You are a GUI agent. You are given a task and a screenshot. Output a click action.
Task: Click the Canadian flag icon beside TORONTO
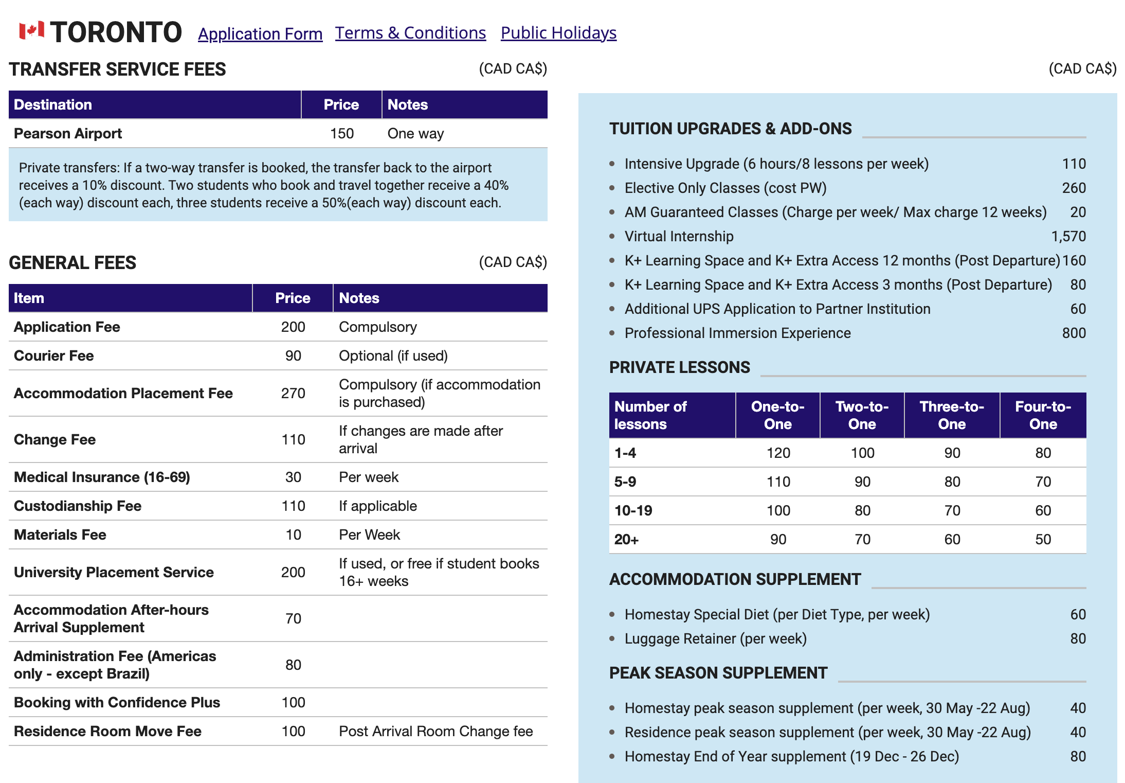point(31,31)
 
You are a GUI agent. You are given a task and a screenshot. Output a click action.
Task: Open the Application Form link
point(260,34)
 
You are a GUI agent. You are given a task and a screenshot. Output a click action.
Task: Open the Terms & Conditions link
point(410,33)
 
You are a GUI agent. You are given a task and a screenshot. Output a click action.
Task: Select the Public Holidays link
point(558,33)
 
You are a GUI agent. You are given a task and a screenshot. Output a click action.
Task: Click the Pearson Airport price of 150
point(342,134)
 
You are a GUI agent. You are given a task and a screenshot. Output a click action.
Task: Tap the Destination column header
point(53,105)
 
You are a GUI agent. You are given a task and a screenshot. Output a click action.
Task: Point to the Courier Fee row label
point(54,356)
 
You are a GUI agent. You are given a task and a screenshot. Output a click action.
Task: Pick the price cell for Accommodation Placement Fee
point(293,394)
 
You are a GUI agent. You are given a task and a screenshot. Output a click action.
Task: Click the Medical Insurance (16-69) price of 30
point(293,477)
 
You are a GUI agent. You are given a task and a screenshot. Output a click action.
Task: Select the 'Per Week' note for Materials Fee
point(369,535)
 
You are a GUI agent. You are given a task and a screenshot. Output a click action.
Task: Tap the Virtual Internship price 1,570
point(1068,237)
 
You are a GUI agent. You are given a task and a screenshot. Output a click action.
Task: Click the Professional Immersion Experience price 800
point(1074,333)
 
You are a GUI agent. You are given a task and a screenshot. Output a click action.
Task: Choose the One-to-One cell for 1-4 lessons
point(778,453)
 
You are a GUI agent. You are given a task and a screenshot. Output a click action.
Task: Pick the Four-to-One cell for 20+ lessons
point(1043,540)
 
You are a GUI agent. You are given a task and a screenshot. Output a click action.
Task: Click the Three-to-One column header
point(952,416)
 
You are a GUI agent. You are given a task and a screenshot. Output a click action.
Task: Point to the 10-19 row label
point(633,511)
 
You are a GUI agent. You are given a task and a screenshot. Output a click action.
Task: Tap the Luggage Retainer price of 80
point(1078,639)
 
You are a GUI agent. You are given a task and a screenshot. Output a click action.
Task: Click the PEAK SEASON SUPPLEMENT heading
point(718,673)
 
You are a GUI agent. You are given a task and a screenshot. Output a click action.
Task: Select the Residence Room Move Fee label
point(108,732)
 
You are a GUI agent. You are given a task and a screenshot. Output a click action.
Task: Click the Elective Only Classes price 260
point(1074,188)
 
